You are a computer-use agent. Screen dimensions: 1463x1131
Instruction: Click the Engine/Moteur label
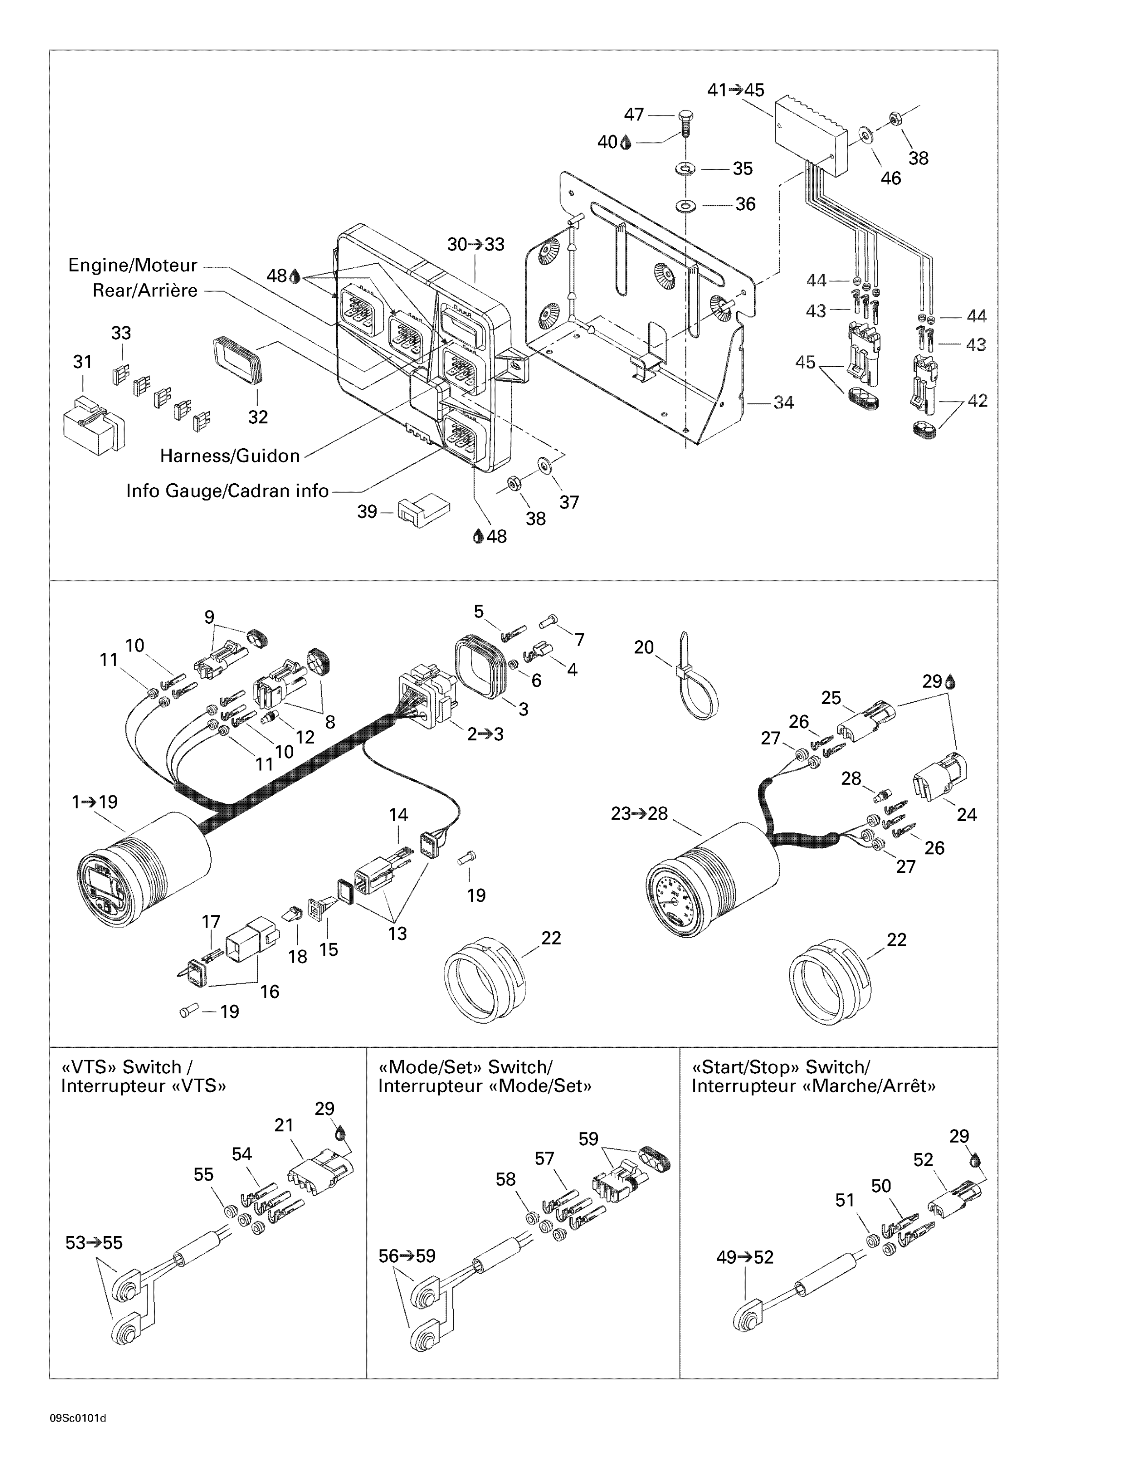[x=133, y=265]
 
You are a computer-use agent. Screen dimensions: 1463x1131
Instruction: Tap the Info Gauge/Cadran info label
[x=227, y=491]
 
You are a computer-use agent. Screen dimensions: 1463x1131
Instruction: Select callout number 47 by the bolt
[x=634, y=115]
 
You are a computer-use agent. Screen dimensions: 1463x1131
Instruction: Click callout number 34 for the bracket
[x=783, y=403]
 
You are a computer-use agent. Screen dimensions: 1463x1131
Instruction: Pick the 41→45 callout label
[x=736, y=90]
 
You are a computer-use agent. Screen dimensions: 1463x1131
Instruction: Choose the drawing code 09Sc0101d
[x=78, y=1418]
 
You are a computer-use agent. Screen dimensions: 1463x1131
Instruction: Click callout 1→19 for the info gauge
[x=95, y=801]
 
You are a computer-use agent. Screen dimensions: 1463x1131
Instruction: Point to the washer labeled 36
[x=685, y=204]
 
